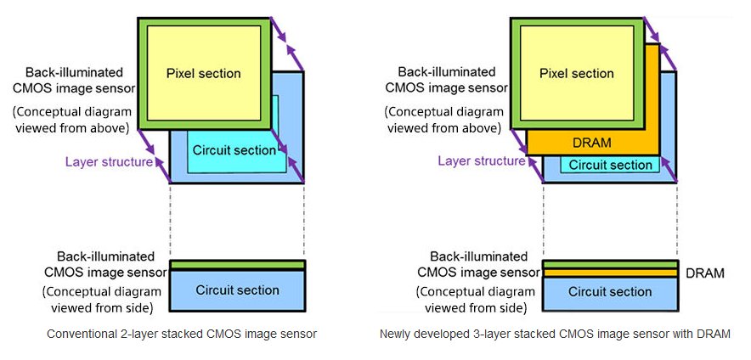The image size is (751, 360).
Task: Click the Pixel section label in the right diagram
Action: coord(576,73)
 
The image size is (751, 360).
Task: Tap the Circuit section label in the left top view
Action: coord(234,150)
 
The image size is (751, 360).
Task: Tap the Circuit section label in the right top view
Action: coord(609,165)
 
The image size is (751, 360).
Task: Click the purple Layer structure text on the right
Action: coord(482,160)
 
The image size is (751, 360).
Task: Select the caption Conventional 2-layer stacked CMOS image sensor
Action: coord(182,334)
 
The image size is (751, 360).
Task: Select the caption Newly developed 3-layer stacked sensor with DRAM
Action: coord(555,334)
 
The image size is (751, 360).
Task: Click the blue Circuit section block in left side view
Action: coord(237,290)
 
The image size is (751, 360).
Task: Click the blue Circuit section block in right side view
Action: coord(609,292)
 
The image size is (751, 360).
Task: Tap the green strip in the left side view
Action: coord(237,265)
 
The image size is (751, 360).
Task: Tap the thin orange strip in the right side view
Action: coord(609,273)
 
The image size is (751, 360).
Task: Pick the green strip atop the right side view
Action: coord(609,265)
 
